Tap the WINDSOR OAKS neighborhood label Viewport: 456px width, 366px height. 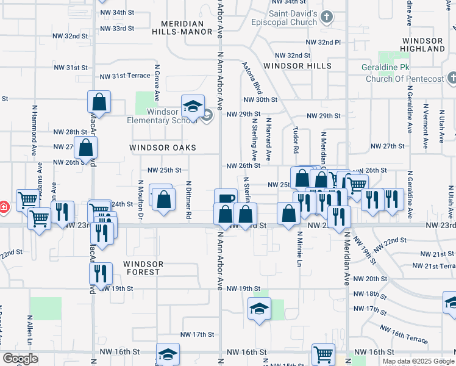(x=163, y=148)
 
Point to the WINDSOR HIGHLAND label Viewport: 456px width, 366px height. (x=423, y=44)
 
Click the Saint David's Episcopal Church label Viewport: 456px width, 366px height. (x=293, y=17)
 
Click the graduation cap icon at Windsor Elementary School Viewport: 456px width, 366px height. (x=193, y=107)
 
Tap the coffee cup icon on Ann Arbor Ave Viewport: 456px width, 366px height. (x=226, y=199)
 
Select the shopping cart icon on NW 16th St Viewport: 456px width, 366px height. (x=323, y=354)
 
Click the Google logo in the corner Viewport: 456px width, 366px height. (x=20, y=359)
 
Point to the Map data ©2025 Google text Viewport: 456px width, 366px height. (x=418, y=361)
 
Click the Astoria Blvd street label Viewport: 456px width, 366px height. (x=252, y=76)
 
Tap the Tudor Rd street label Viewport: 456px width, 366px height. (x=296, y=140)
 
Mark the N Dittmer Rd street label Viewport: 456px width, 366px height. (x=189, y=199)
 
